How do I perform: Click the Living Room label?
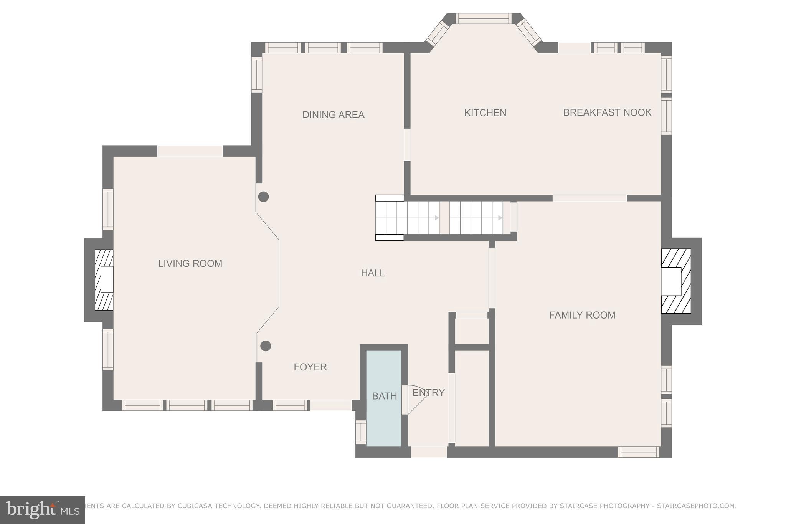click(x=190, y=264)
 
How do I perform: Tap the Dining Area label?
click(x=333, y=115)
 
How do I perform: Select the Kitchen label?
click(x=485, y=113)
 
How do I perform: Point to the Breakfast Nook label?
click(x=607, y=112)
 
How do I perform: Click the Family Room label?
click(x=582, y=315)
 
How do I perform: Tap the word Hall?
click(x=373, y=273)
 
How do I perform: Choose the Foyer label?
click(x=310, y=367)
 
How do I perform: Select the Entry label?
click(x=428, y=393)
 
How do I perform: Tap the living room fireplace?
click(x=104, y=280)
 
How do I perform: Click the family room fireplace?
click(x=675, y=281)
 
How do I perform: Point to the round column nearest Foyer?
click(x=266, y=346)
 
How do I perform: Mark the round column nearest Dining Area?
click(x=263, y=197)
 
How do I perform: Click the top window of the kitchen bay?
click(x=483, y=18)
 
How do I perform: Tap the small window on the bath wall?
click(x=361, y=432)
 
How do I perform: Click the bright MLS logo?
click(x=42, y=510)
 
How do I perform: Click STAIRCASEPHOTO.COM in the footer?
click(x=696, y=506)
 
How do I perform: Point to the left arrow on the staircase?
click(x=436, y=218)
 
